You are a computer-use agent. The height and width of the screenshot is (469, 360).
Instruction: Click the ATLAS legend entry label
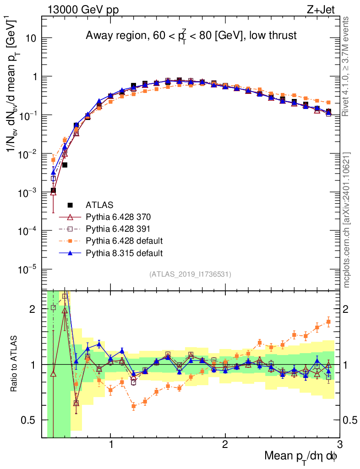pos(99,205)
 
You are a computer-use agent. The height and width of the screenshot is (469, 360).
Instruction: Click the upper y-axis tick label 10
pos(31,38)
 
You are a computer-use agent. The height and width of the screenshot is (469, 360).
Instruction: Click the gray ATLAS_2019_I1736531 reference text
pos(190,274)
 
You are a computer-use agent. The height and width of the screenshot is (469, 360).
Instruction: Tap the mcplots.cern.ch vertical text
pos(347,219)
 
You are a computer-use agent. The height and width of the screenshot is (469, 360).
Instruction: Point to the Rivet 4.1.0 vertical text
pos(347,66)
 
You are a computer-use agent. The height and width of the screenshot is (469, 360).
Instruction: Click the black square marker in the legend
pos(70,205)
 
